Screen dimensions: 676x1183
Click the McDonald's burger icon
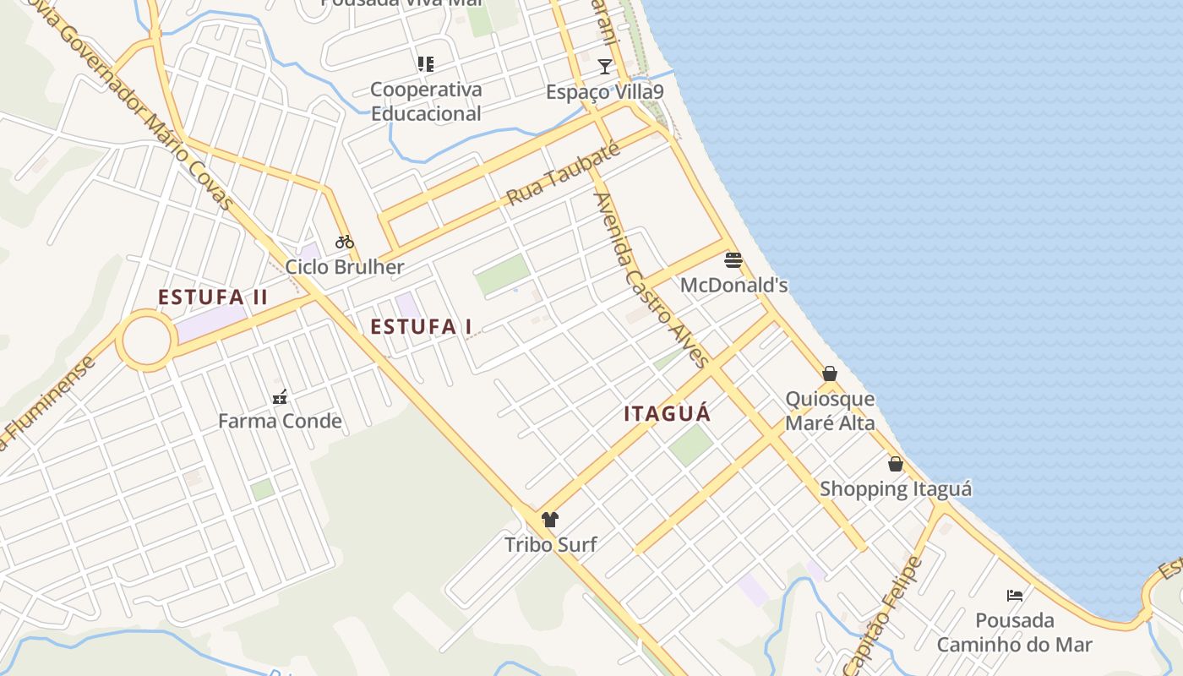[733, 260]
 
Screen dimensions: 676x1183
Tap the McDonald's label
[733, 286]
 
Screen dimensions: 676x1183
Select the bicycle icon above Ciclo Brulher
[344, 242]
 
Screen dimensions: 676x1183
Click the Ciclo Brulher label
[344, 267]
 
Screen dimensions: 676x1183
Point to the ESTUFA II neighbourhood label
[213, 297]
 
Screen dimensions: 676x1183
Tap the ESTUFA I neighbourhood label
[421, 327]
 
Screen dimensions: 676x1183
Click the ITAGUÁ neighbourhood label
[668, 414]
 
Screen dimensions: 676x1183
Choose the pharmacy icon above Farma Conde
[280, 396]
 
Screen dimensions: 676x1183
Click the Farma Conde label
[280, 421]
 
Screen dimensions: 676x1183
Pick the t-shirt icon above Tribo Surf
[550, 520]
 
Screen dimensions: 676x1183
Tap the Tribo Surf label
[550, 545]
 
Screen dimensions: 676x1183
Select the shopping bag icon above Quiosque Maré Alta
[830, 373]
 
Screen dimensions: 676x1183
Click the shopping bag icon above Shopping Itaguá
[896, 464]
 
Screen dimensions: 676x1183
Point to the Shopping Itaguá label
[896, 489]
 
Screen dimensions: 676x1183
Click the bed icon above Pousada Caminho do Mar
[1015, 596]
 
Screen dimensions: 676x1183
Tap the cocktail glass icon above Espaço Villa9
[604, 67]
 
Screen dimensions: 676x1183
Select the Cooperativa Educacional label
[426, 101]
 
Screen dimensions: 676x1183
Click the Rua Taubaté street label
[564, 173]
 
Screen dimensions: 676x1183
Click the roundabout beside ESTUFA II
[146, 341]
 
